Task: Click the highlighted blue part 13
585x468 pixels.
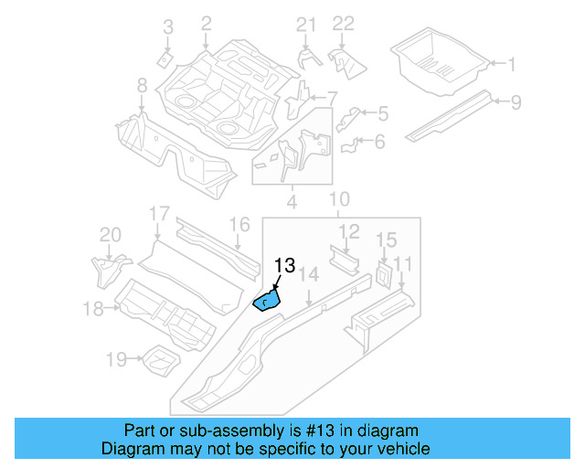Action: pos(266,299)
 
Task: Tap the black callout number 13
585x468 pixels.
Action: pos(284,266)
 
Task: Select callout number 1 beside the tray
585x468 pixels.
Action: pos(512,64)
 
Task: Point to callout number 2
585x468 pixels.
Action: pos(206,22)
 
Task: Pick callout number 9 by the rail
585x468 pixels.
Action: pos(516,101)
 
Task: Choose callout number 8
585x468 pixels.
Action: pos(142,85)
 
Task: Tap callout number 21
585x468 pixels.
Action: pos(305,24)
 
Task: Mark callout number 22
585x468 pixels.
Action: pos(343,24)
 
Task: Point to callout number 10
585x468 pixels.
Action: pos(339,199)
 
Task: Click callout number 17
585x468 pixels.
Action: pos(159,215)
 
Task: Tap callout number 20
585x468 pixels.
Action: pos(110,235)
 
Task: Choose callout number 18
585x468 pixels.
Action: pos(93,309)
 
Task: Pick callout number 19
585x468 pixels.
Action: pos(115,360)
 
